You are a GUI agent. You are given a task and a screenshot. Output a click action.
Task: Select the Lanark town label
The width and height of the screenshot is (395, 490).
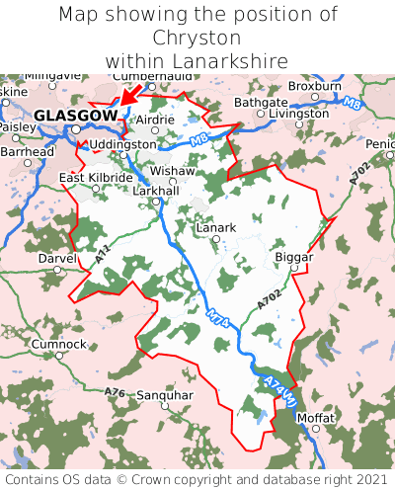tap(216, 227)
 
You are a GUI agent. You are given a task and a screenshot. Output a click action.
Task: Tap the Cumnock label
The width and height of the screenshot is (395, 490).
tap(58, 344)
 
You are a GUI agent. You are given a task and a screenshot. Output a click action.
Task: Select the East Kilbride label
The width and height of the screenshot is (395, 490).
tap(96, 178)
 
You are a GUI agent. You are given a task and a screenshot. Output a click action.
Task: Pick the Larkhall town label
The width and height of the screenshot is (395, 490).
tap(156, 189)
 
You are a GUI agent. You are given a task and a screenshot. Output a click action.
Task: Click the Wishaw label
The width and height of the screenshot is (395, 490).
tap(173, 170)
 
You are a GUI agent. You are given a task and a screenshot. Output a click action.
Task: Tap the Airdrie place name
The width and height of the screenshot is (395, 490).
tap(154, 120)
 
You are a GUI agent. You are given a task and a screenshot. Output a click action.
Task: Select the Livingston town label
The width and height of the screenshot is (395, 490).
tap(299, 114)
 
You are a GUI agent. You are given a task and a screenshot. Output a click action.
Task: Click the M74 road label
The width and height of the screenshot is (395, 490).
tap(219, 329)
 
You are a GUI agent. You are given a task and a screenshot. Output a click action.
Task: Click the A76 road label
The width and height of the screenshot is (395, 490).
tap(115, 392)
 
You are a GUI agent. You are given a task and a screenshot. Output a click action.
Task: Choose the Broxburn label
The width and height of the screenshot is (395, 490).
tap(314, 86)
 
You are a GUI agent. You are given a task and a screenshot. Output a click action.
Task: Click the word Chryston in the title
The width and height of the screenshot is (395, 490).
tap(197, 38)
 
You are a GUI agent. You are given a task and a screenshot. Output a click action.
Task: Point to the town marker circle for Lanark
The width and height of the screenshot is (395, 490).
tap(215, 240)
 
